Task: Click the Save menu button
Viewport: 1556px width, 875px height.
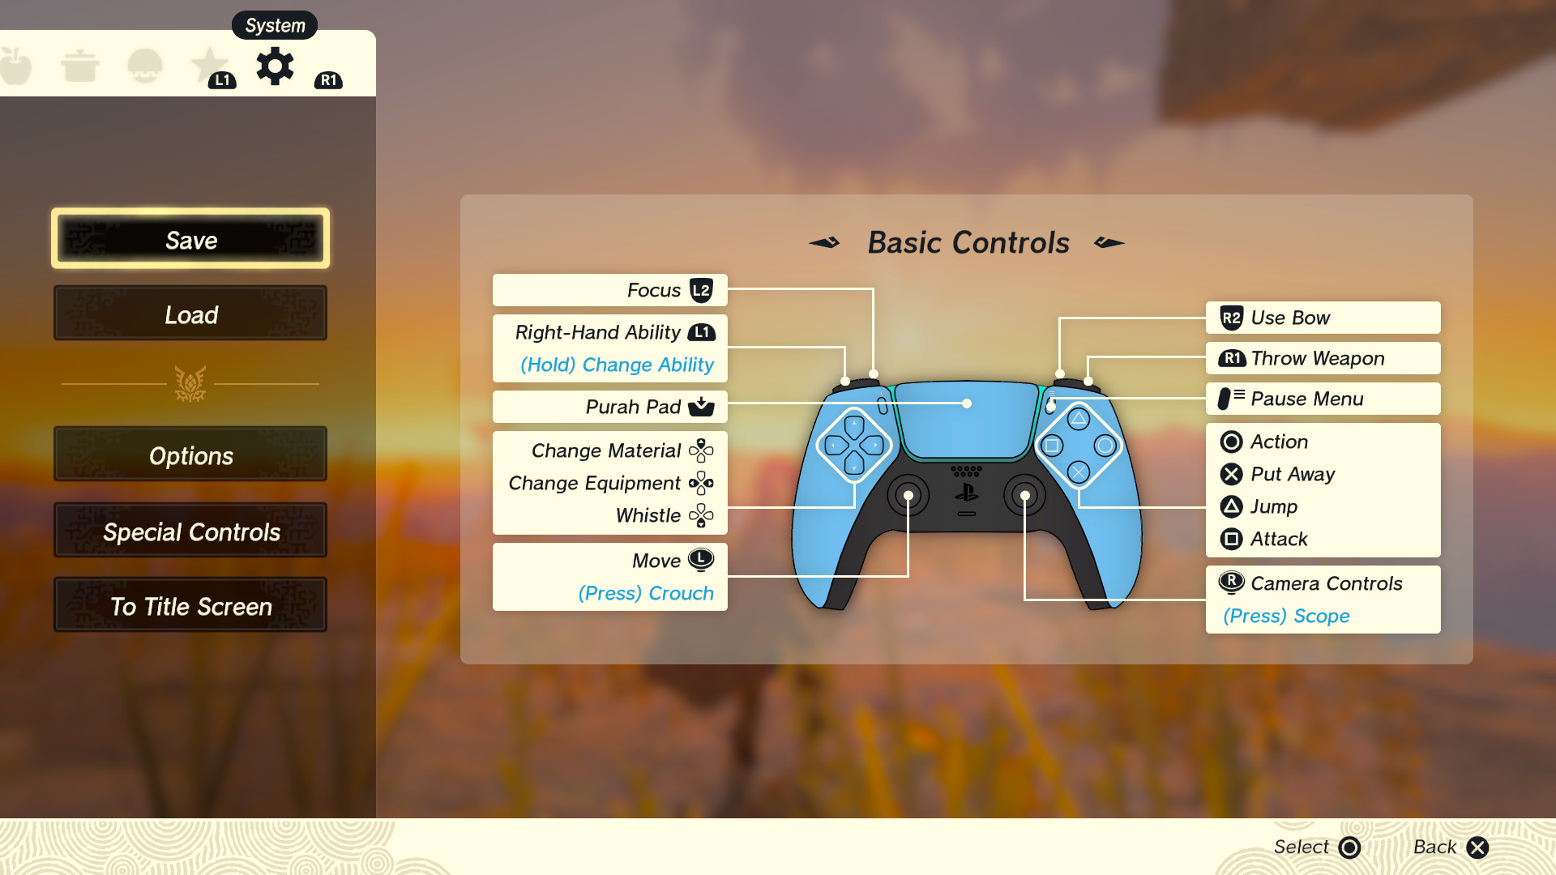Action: (x=190, y=239)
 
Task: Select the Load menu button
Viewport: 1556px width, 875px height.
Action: (x=190, y=314)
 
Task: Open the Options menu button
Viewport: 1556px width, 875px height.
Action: (x=190, y=455)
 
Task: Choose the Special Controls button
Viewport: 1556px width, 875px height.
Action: (x=190, y=531)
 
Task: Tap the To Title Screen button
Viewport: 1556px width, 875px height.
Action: (x=190, y=606)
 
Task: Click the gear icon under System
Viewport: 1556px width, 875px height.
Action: (x=275, y=66)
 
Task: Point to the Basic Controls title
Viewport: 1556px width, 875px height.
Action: (x=968, y=242)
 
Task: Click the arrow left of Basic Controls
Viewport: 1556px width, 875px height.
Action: (x=824, y=242)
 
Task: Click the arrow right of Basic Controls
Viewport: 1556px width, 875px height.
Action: (x=1109, y=242)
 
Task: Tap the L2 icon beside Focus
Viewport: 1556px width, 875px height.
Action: (x=701, y=290)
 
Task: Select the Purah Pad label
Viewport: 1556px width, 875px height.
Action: (x=633, y=407)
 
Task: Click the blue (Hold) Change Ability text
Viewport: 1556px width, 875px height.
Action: (x=617, y=365)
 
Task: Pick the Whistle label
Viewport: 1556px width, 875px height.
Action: (x=648, y=515)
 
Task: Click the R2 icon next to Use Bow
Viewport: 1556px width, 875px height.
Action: (x=1231, y=318)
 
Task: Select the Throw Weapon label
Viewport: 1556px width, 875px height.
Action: (x=1317, y=358)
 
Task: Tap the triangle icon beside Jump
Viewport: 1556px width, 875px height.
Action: (x=1231, y=506)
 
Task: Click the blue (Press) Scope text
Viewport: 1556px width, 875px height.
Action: (x=1286, y=616)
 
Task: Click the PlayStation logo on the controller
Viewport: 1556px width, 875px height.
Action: (x=966, y=493)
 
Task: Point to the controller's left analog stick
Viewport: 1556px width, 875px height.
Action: (x=908, y=495)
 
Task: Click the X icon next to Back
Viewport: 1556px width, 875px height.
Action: (x=1477, y=847)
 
